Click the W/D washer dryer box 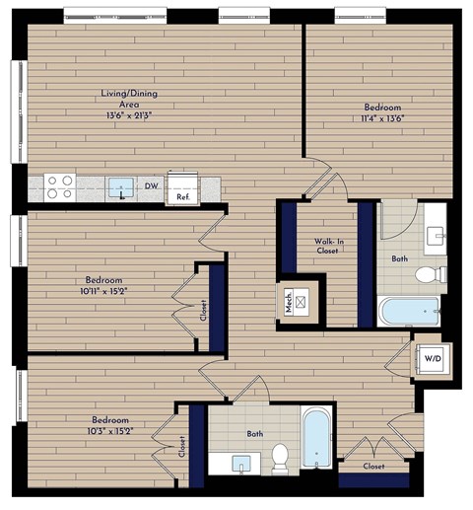tap(432, 359)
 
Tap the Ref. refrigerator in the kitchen tap(183, 188)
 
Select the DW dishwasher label tap(151, 184)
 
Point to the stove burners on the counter tap(59, 185)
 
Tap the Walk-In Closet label tap(327, 245)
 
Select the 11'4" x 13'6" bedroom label tap(381, 112)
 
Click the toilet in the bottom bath tap(279, 457)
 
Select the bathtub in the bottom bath tap(315, 440)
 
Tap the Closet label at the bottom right tap(373, 466)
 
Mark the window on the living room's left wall tap(17, 110)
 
